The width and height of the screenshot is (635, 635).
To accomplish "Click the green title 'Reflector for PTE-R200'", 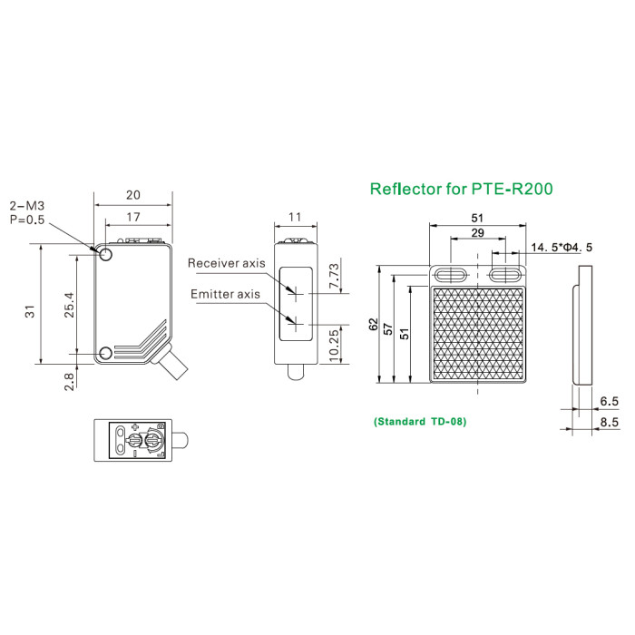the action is (x=461, y=189).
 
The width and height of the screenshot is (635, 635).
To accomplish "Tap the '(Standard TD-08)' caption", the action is (x=420, y=422).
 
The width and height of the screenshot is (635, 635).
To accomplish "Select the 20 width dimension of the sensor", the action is (x=133, y=195).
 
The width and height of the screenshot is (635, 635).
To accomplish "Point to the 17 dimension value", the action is (x=133, y=218).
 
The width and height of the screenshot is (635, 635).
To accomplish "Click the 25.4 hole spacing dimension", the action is (x=70, y=305).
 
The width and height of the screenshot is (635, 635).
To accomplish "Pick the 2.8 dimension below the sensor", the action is (x=70, y=382).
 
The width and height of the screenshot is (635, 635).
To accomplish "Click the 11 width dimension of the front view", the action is (x=295, y=218).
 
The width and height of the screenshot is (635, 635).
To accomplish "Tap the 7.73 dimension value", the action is (x=335, y=276).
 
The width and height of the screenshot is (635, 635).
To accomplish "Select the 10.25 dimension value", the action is (x=334, y=346).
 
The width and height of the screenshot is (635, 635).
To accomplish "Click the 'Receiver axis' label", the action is (x=227, y=263).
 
